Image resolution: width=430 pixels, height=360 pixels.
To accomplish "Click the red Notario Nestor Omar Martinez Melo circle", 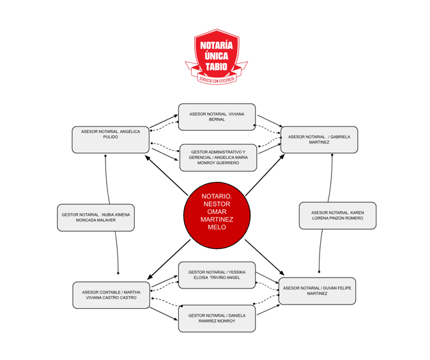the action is [x=217, y=215].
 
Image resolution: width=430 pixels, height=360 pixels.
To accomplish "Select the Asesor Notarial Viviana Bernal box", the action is [x=217, y=117].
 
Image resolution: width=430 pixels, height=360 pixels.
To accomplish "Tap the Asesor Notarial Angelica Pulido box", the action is [x=111, y=140].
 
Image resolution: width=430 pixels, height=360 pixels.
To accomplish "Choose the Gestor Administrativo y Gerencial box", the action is [x=218, y=158].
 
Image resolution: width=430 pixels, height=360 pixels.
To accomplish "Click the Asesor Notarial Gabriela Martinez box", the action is [x=319, y=140].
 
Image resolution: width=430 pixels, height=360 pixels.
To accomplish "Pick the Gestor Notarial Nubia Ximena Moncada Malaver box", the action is [x=96, y=218].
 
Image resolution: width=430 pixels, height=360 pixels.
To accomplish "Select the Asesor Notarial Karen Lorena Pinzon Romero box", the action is [x=337, y=216].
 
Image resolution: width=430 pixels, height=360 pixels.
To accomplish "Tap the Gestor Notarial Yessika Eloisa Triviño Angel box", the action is [x=217, y=275].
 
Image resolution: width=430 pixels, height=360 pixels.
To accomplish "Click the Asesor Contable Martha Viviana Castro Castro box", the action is [x=111, y=295].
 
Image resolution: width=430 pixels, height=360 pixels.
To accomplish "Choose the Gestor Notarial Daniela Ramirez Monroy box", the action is [x=217, y=319].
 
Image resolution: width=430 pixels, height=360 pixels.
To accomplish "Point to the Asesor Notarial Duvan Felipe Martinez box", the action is [x=317, y=291].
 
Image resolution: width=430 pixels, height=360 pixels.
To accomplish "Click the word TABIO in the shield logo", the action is [x=217, y=66].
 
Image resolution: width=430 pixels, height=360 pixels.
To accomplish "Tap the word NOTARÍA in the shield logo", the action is [x=217, y=45].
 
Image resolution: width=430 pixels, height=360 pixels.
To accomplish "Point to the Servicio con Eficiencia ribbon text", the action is [x=217, y=79].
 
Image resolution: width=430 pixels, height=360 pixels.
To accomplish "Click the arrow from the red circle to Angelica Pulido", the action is [x=166, y=176].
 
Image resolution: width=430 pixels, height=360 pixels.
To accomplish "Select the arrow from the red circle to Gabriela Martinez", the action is [x=265, y=175].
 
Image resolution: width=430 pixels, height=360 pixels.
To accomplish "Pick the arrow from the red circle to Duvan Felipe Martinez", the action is [x=265, y=257].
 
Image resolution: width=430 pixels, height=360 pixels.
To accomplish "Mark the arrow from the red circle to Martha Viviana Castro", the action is [x=169, y=259].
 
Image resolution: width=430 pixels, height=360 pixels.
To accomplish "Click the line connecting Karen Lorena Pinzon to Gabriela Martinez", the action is [x=331, y=179].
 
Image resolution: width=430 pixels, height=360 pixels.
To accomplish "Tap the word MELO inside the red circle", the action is [x=217, y=227].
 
